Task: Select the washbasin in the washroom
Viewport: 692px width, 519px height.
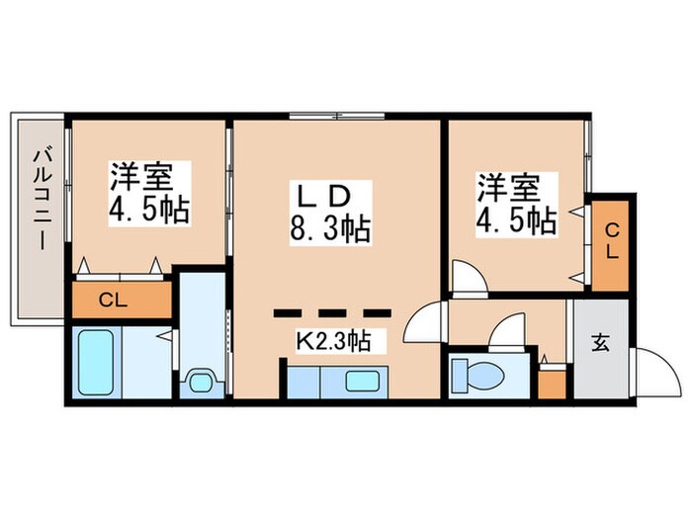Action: (x=203, y=381)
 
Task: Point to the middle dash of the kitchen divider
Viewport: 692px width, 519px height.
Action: (x=333, y=313)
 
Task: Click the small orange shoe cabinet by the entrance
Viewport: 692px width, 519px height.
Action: (x=553, y=382)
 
